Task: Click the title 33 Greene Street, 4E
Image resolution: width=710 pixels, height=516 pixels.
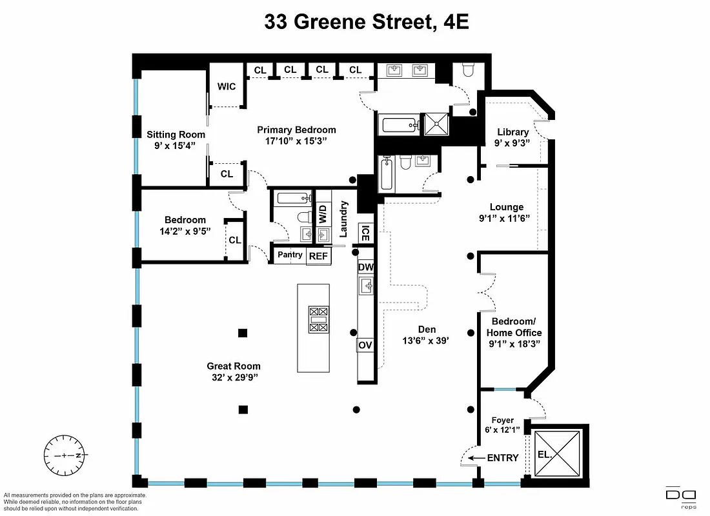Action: pos(366,23)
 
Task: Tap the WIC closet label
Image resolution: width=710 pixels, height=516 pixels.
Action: pos(227,86)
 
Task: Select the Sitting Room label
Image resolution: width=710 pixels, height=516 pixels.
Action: pos(176,135)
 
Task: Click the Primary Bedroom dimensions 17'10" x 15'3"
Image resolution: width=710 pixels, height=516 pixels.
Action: pos(296,141)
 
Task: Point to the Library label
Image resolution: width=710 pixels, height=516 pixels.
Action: pos(512,132)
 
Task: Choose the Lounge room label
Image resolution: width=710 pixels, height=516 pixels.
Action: pos(506,207)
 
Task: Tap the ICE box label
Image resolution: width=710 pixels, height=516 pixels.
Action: pos(365,233)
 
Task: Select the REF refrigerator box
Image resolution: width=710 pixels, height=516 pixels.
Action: pos(318,256)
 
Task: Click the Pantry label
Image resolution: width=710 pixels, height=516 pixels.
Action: pos(290,255)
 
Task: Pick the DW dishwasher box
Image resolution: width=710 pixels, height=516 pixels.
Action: pos(365,267)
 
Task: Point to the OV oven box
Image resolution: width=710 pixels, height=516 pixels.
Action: pos(365,345)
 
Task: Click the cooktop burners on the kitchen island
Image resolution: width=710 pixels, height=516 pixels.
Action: pos(318,319)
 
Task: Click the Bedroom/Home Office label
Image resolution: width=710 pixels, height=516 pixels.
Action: pos(516,327)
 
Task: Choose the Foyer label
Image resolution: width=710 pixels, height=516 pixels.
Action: pos(502,420)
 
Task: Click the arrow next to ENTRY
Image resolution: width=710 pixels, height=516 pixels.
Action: pos(476,458)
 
